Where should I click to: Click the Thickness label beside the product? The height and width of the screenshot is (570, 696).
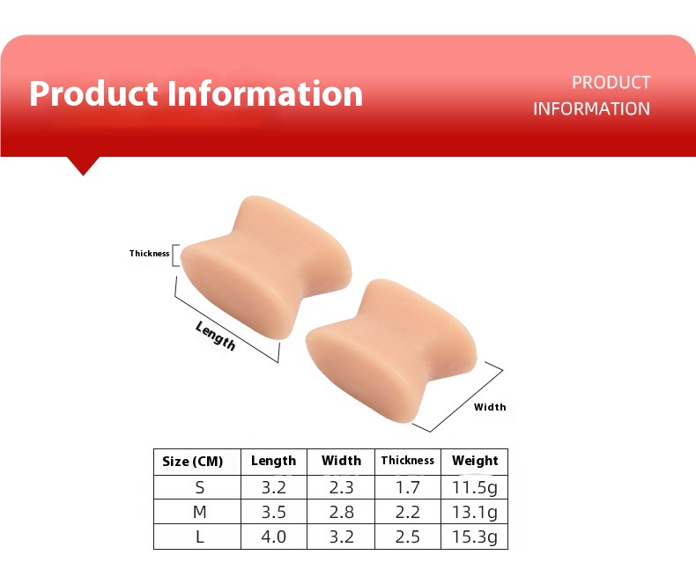[149, 254]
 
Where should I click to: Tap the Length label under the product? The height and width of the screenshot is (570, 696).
[215, 336]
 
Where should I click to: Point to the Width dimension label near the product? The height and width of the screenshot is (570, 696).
[490, 407]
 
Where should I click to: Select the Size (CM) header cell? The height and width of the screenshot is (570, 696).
[193, 462]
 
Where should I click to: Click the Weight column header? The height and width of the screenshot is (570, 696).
[475, 461]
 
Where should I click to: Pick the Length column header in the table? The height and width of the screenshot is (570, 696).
[273, 461]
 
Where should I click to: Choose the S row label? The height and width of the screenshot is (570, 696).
[200, 487]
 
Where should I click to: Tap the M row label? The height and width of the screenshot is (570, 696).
[200, 512]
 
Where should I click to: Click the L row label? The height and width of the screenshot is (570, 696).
[200, 537]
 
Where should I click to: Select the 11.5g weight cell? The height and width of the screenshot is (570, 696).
[475, 488]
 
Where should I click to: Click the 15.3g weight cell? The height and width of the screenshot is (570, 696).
[475, 537]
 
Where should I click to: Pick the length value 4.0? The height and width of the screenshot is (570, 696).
[273, 537]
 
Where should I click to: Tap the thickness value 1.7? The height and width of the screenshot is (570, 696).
[408, 487]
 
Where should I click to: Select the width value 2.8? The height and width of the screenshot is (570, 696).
[341, 512]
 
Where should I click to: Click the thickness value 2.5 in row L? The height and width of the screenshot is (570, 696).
[408, 537]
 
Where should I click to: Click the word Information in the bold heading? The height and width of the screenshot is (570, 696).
[265, 93]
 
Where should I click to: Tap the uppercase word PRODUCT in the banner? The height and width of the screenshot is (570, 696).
[611, 82]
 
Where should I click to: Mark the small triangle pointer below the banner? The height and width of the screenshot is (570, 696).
[83, 166]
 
